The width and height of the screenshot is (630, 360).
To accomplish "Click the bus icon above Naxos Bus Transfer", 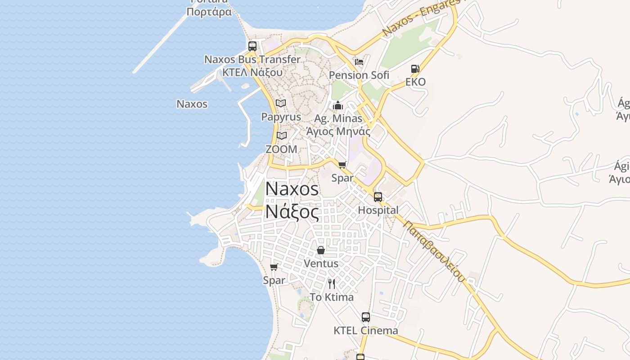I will [x=252, y=46].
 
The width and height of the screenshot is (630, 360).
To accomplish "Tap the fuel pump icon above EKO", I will [x=415, y=69].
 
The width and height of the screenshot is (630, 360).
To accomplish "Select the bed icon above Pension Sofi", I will [x=359, y=62].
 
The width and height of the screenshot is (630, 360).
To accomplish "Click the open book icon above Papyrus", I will [x=281, y=103].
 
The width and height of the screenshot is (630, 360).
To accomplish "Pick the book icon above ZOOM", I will [x=282, y=135].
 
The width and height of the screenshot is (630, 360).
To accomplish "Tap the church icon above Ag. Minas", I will [x=338, y=106].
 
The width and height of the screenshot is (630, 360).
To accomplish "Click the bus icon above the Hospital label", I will [x=378, y=197].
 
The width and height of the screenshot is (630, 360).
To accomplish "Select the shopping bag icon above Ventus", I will [x=321, y=250].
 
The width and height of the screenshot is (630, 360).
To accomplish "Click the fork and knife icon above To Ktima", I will [x=332, y=283].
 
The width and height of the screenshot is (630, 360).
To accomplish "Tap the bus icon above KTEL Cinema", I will [x=366, y=317].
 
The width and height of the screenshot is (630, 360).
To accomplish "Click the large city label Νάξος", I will [x=292, y=211].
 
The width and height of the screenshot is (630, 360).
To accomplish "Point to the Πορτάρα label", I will [x=209, y=12].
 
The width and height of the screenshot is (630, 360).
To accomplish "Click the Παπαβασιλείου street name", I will [x=434, y=250].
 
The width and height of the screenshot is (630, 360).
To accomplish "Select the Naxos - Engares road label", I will [x=421, y=18].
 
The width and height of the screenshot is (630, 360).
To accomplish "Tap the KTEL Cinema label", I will [x=366, y=331].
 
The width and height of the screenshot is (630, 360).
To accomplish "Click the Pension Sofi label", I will [x=359, y=75].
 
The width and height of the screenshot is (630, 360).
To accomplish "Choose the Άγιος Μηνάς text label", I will [x=338, y=132].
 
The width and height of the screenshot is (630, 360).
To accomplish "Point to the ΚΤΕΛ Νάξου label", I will [x=252, y=72].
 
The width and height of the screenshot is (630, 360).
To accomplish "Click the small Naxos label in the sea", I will [x=192, y=104].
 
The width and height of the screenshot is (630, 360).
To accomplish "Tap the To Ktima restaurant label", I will [x=332, y=297].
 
